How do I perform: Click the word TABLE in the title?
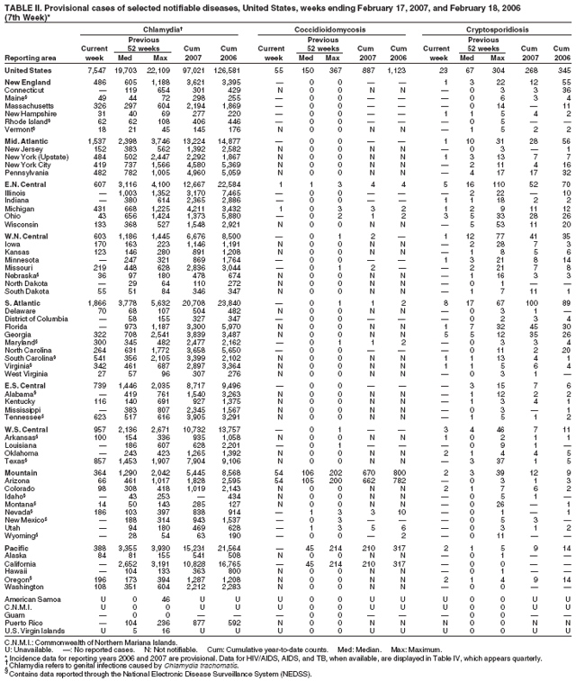pos(19,6)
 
